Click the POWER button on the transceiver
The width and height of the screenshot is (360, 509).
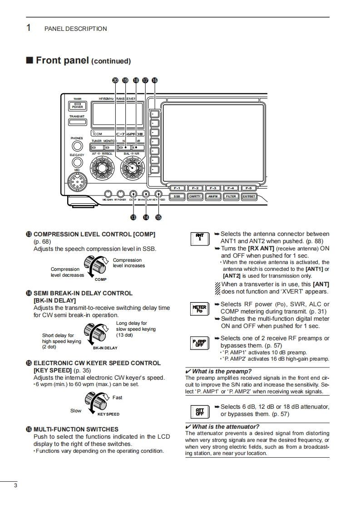point(77,106)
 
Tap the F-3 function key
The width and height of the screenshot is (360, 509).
point(213,188)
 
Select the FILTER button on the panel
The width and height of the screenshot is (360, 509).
point(231,196)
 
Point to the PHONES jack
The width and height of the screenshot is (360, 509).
point(77,146)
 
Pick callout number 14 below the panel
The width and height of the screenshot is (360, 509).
point(146,217)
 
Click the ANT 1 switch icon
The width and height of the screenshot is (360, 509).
point(200,238)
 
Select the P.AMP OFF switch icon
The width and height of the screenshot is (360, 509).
point(200,343)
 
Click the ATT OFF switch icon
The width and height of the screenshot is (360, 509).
point(200,411)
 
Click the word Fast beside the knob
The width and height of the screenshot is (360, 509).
point(117,397)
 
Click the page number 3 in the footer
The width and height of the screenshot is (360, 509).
point(15,486)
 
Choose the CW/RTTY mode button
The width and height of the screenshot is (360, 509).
point(195,196)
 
